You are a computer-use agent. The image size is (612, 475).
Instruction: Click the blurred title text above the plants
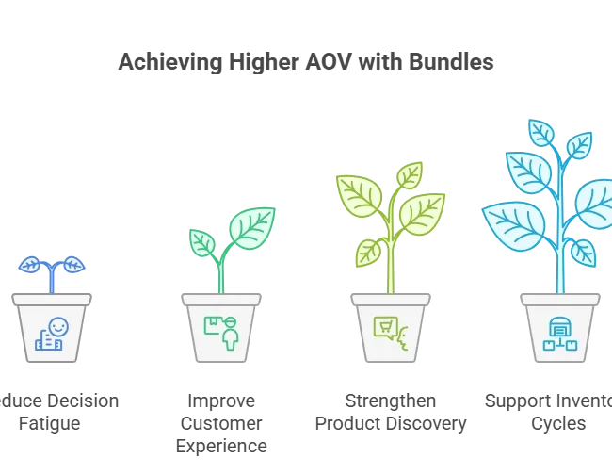point(305,62)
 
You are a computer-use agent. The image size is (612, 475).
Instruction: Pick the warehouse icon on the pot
point(560,332)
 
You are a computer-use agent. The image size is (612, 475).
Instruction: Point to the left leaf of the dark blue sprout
point(31,265)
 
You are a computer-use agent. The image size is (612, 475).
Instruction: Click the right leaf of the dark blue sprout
point(72,264)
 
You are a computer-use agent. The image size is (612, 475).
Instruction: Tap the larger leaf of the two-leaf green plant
point(252,228)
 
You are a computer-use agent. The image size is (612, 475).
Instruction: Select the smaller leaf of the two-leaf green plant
point(201,242)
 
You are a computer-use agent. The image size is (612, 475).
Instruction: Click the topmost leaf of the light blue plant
point(541,133)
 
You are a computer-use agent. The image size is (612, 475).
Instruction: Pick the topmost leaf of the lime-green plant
point(409,175)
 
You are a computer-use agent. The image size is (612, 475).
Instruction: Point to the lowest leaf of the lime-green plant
point(368,252)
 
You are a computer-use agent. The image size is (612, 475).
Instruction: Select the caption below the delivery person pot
point(222,421)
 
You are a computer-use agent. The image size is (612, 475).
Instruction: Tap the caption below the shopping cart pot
point(389,411)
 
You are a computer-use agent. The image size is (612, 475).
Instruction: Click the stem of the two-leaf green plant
point(222,273)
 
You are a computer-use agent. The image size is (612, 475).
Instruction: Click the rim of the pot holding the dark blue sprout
point(53,298)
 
